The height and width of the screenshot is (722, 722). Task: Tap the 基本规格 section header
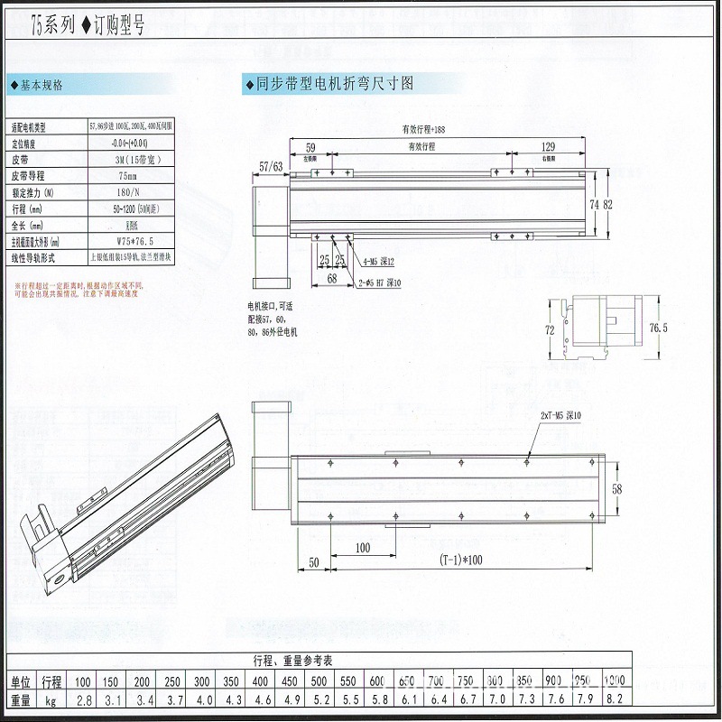coord(41,86)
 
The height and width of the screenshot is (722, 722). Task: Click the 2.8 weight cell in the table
coord(83,700)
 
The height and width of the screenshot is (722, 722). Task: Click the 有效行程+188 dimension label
coord(424,129)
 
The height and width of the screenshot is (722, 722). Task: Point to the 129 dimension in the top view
coord(549,146)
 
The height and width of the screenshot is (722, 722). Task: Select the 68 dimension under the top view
coord(332,279)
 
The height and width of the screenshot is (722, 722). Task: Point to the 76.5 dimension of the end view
coord(684,329)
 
